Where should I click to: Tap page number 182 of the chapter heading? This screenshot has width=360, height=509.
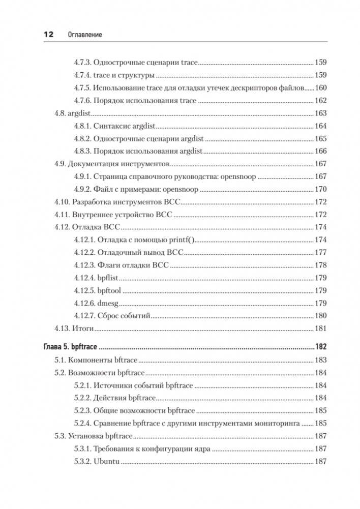320,348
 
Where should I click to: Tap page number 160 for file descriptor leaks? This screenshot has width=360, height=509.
321,88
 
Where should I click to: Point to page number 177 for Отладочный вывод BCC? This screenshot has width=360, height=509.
321,253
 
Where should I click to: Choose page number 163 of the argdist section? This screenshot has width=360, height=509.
321,113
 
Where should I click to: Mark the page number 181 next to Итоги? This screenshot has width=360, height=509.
321,328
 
